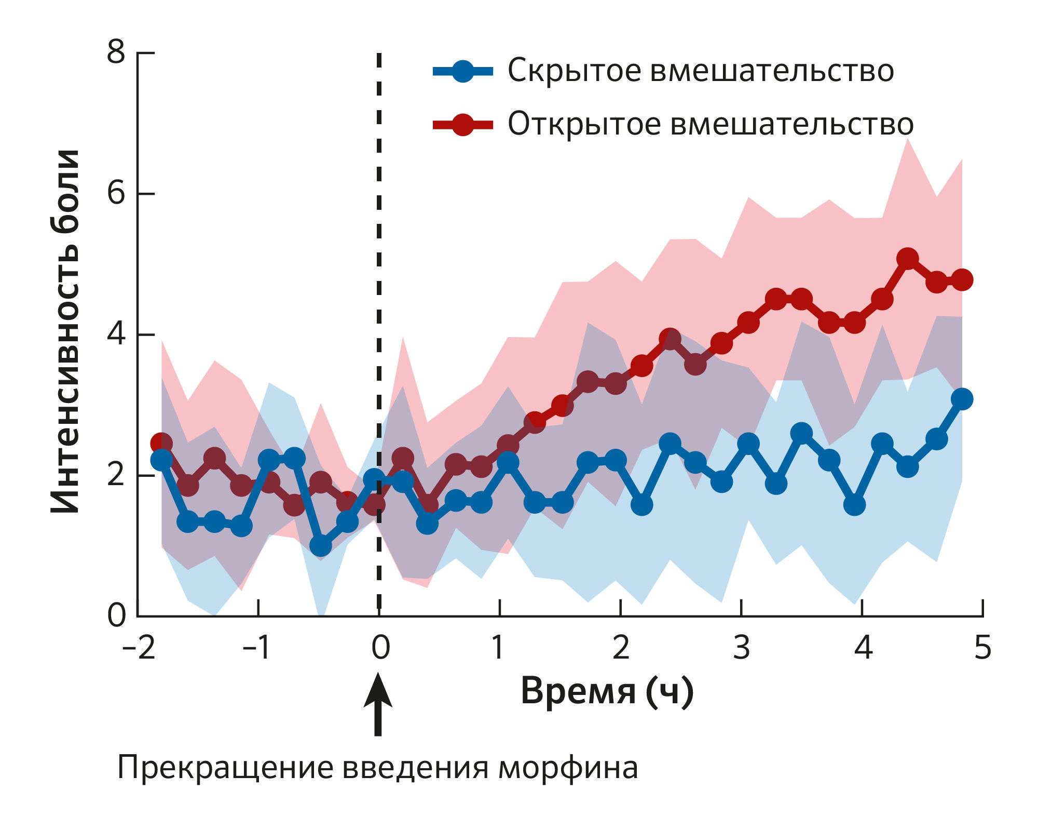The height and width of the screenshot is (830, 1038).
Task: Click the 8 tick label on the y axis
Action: pyautogui.click(x=116, y=52)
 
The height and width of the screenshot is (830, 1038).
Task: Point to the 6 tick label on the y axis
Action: pyautogui.click(x=116, y=194)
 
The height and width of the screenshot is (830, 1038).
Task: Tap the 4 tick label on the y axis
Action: pyautogui.click(x=116, y=334)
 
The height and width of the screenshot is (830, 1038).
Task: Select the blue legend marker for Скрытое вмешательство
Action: pyautogui.click(x=462, y=71)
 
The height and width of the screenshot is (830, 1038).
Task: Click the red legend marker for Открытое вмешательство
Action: pyautogui.click(x=462, y=124)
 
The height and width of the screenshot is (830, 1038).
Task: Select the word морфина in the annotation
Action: pyautogui.click(x=568, y=768)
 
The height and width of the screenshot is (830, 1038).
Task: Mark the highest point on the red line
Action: pyautogui.click(x=908, y=258)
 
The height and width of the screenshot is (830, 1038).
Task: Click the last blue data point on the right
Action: pyautogui.click(x=962, y=399)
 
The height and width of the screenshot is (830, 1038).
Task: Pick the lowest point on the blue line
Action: pyautogui.click(x=321, y=546)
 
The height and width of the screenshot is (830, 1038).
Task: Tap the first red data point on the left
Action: pyautogui.click(x=161, y=444)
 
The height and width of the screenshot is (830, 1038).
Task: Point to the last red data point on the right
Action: pyautogui.click(x=962, y=280)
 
